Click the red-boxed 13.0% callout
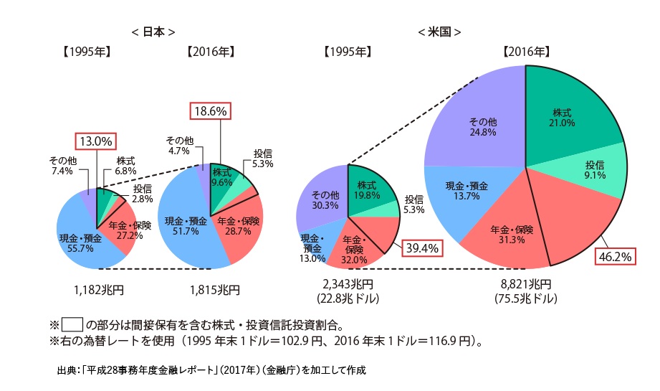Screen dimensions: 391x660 [95, 141]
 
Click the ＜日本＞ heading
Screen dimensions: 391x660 [153, 32]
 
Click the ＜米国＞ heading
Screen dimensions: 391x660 [439, 32]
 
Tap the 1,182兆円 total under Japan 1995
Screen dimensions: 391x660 [96, 290]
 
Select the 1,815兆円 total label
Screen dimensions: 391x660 [211, 290]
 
